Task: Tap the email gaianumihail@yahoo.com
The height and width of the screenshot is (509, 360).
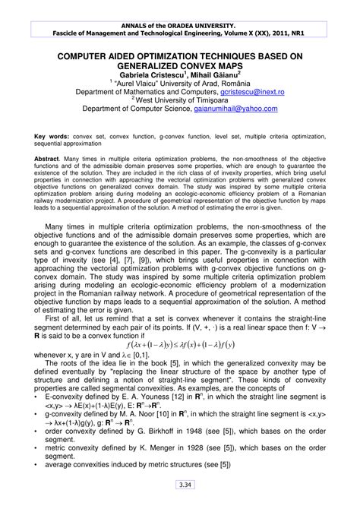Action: click(x=237, y=108)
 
